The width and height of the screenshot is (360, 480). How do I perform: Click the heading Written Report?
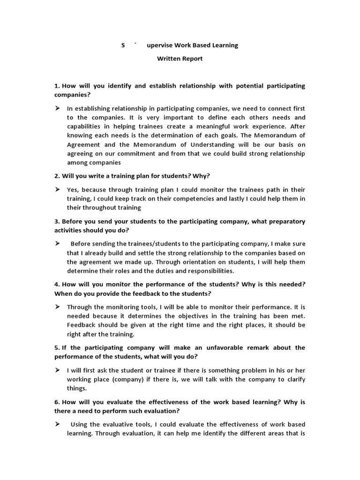(180, 59)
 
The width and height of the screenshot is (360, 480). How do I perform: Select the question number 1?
(57, 86)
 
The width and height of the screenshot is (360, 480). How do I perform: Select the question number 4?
(57, 285)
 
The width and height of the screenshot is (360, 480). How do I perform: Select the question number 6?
(57, 402)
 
